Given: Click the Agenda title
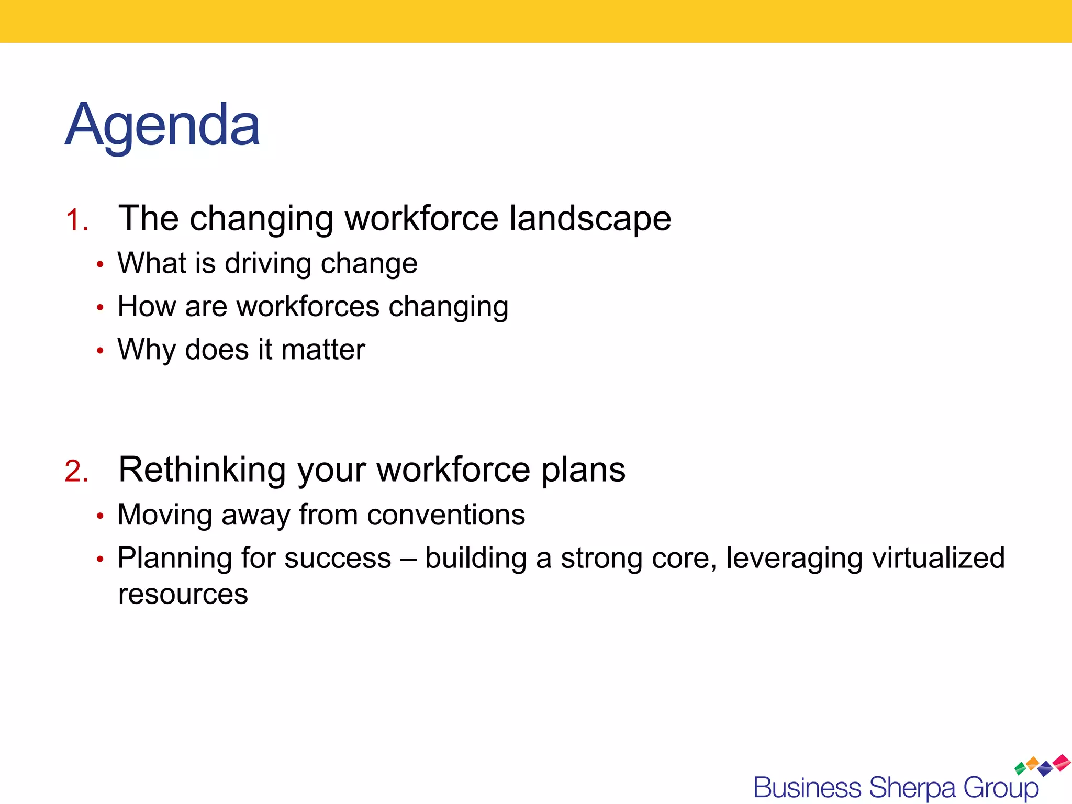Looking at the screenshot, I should point(162,126).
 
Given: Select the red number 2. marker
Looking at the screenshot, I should point(76,471).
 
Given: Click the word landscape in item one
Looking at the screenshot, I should point(590,219).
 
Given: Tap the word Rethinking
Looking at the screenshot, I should point(202,470).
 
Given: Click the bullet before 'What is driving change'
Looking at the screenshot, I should point(100,265).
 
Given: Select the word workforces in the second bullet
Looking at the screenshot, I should point(308,306).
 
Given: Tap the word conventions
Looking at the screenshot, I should point(446,515).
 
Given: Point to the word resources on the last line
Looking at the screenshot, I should point(183,595).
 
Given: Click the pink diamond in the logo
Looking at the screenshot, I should point(1062,762).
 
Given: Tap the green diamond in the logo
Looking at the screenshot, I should point(1020,769).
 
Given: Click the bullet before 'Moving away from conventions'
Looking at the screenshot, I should point(100,517).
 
